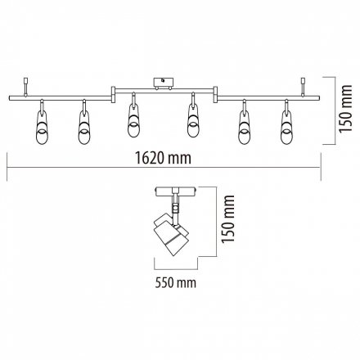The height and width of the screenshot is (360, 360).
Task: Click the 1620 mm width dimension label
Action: [x=164, y=158]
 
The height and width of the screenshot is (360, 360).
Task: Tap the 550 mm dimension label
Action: [x=176, y=283]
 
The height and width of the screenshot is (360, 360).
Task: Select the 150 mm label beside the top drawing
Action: [x=345, y=109]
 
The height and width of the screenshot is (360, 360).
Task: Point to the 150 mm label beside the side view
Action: [x=227, y=218]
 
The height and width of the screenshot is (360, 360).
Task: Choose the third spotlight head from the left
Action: [x=133, y=121]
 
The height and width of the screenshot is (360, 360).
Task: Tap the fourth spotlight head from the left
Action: [x=193, y=121]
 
